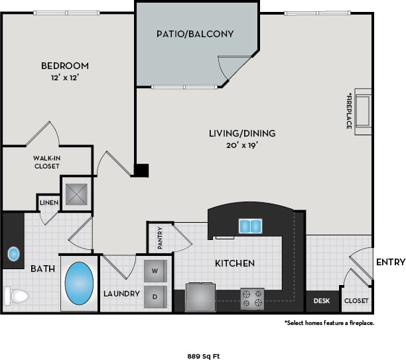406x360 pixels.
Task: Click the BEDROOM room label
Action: (x=65, y=66)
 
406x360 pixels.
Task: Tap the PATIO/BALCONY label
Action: (x=195, y=33)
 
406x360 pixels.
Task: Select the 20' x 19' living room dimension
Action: (x=241, y=146)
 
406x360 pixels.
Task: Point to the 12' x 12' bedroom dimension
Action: (x=65, y=78)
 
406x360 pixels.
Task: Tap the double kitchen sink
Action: (x=249, y=227)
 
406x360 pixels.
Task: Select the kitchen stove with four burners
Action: (x=252, y=298)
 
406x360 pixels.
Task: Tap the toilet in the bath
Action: (x=16, y=295)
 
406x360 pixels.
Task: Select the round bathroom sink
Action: (x=13, y=253)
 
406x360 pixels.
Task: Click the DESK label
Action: (x=322, y=300)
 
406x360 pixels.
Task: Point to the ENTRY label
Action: (x=390, y=263)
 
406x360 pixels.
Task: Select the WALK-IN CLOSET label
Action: (x=46, y=162)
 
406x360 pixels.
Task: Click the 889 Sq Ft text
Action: (x=202, y=355)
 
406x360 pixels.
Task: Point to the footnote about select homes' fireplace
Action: (x=330, y=323)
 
